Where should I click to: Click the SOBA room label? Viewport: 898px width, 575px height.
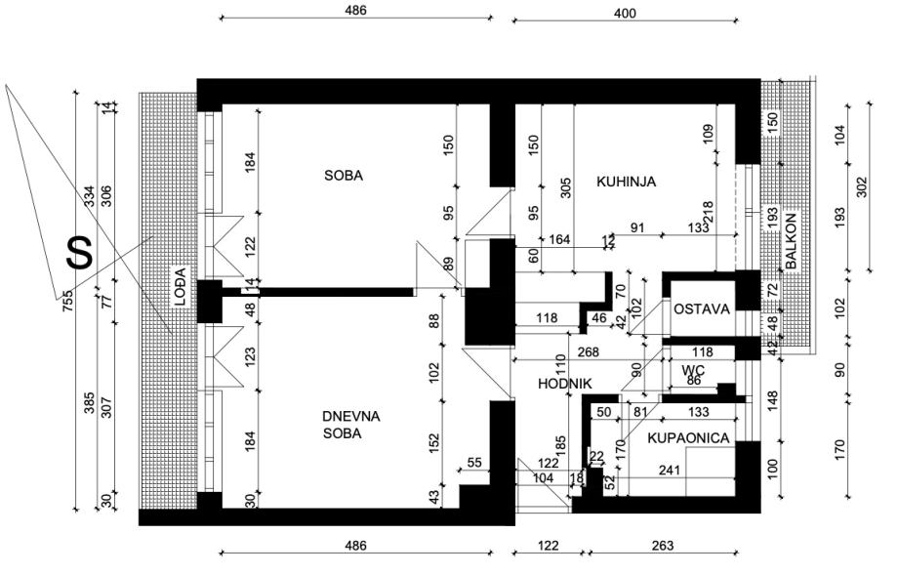[344, 176]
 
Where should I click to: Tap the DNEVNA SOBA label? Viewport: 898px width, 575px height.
[350, 425]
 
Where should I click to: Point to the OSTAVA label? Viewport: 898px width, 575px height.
[701, 308]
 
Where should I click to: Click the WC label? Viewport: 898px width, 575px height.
[693, 370]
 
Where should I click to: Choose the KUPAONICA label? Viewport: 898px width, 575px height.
[689, 438]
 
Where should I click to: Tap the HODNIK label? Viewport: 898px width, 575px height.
[566, 384]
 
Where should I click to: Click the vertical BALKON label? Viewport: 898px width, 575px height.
[791, 240]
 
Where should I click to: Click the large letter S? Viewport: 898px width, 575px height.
[79, 253]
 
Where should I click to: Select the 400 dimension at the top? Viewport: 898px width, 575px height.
[625, 13]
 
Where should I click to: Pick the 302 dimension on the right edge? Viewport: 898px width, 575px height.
[861, 186]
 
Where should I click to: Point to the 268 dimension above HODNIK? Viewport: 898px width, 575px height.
[587, 352]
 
